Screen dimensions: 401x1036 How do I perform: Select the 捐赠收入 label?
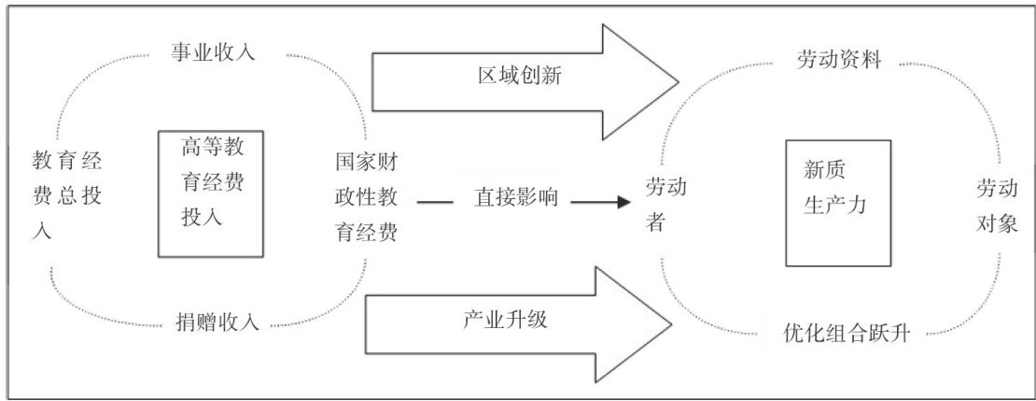pyautogui.click(x=217, y=323)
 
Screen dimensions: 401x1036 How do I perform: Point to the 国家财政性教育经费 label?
pyautogui.click(x=368, y=197)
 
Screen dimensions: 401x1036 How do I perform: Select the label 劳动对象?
pyautogui.click(x=996, y=205)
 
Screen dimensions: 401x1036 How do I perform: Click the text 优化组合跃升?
pyautogui.click(x=847, y=333)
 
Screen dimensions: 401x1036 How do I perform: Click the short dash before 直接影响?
pyautogui.click(x=430, y=199)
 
